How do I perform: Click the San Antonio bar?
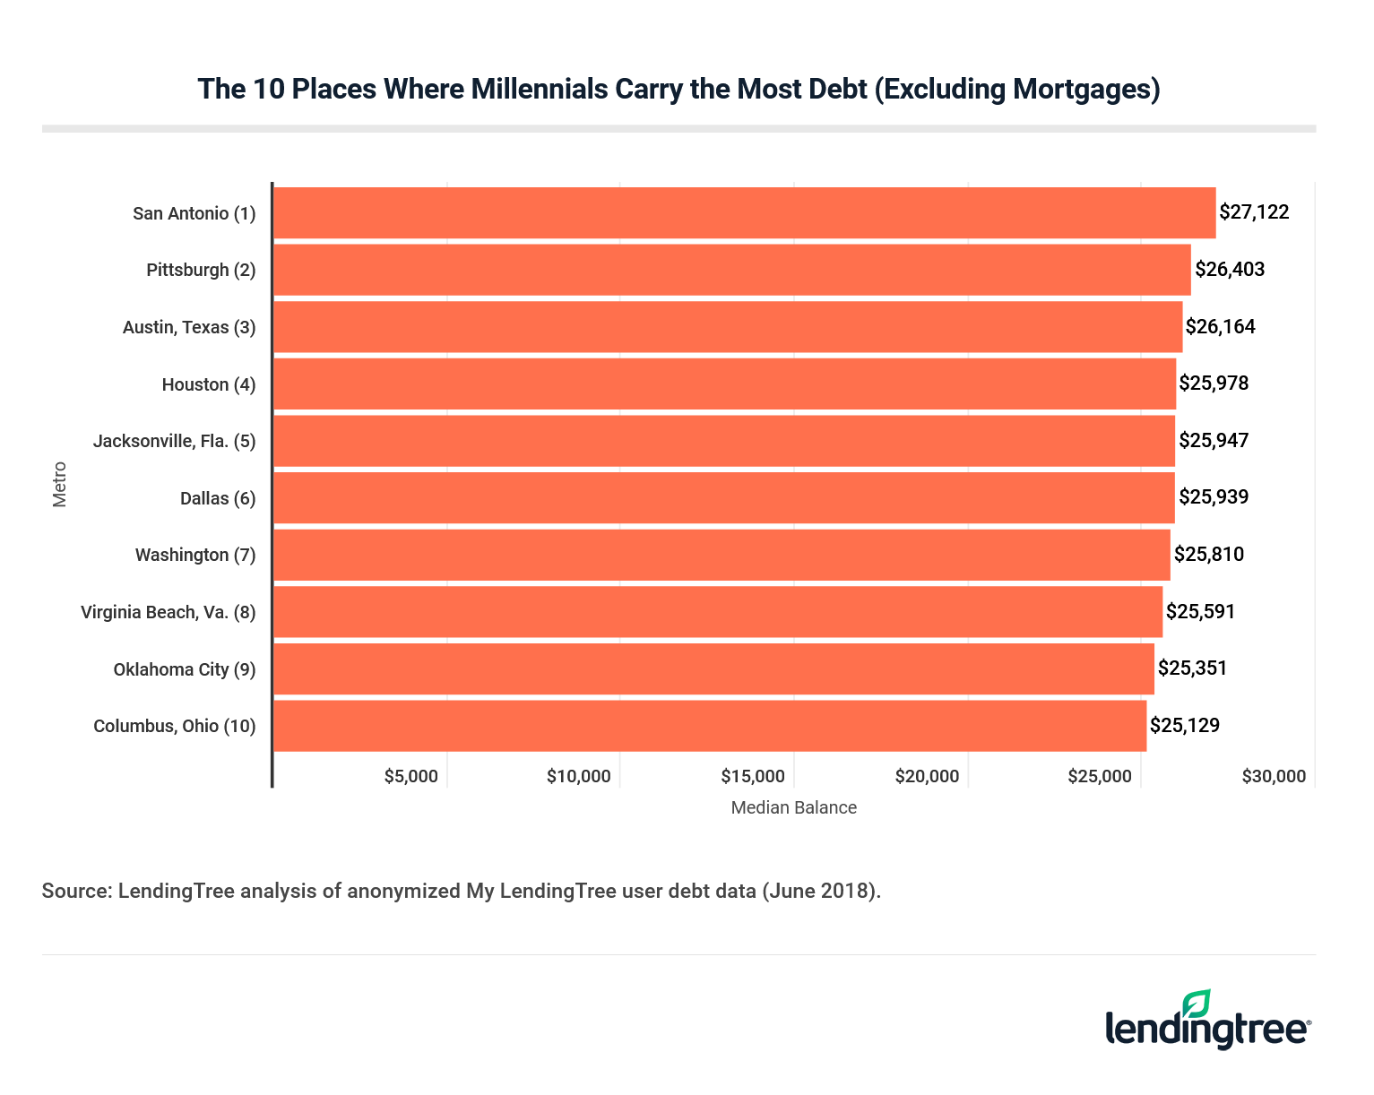[744, 213]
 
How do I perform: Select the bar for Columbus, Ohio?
[709, 726]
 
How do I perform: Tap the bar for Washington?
[721, 555]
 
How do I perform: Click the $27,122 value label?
[1254, 212]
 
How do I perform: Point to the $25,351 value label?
[1192, 668]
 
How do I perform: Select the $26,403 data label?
[1230, 270]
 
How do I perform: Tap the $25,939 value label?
[1214, 497]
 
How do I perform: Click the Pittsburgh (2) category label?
[201, 270]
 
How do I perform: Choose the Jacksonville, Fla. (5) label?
[174, 441]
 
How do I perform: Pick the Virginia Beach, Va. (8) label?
[168, 612]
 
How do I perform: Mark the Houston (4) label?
[208, 384]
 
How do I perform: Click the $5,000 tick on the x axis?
[410, 777]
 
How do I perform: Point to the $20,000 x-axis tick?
[927, 777]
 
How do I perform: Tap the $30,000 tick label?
[1274, 777]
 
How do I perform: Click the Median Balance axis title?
[793, 807]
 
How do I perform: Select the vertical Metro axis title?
[60, 484]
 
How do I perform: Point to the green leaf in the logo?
[1197, 1003]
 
